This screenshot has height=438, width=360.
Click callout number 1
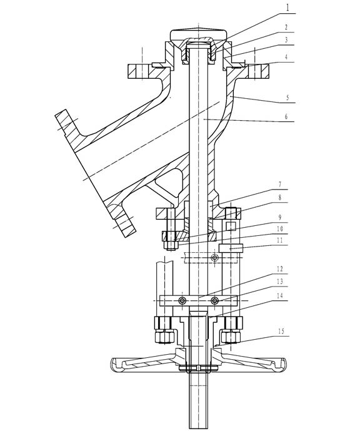click(x=287, y=8)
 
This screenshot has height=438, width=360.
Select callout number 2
click(x=286, y=28)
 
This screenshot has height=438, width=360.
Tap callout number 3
click(x=286, y=39)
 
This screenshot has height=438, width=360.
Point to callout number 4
click(x=286, y=57)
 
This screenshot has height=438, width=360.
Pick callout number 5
click(x=287, y=98)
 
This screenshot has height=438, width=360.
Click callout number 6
click(x=286, y=116)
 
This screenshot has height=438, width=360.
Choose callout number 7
click(x=279, y=185)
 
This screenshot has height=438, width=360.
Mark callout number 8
click(x=279, y=197)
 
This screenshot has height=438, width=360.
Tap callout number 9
click(x=279, y=217)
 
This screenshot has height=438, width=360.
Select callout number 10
click(x=279, y=229)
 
